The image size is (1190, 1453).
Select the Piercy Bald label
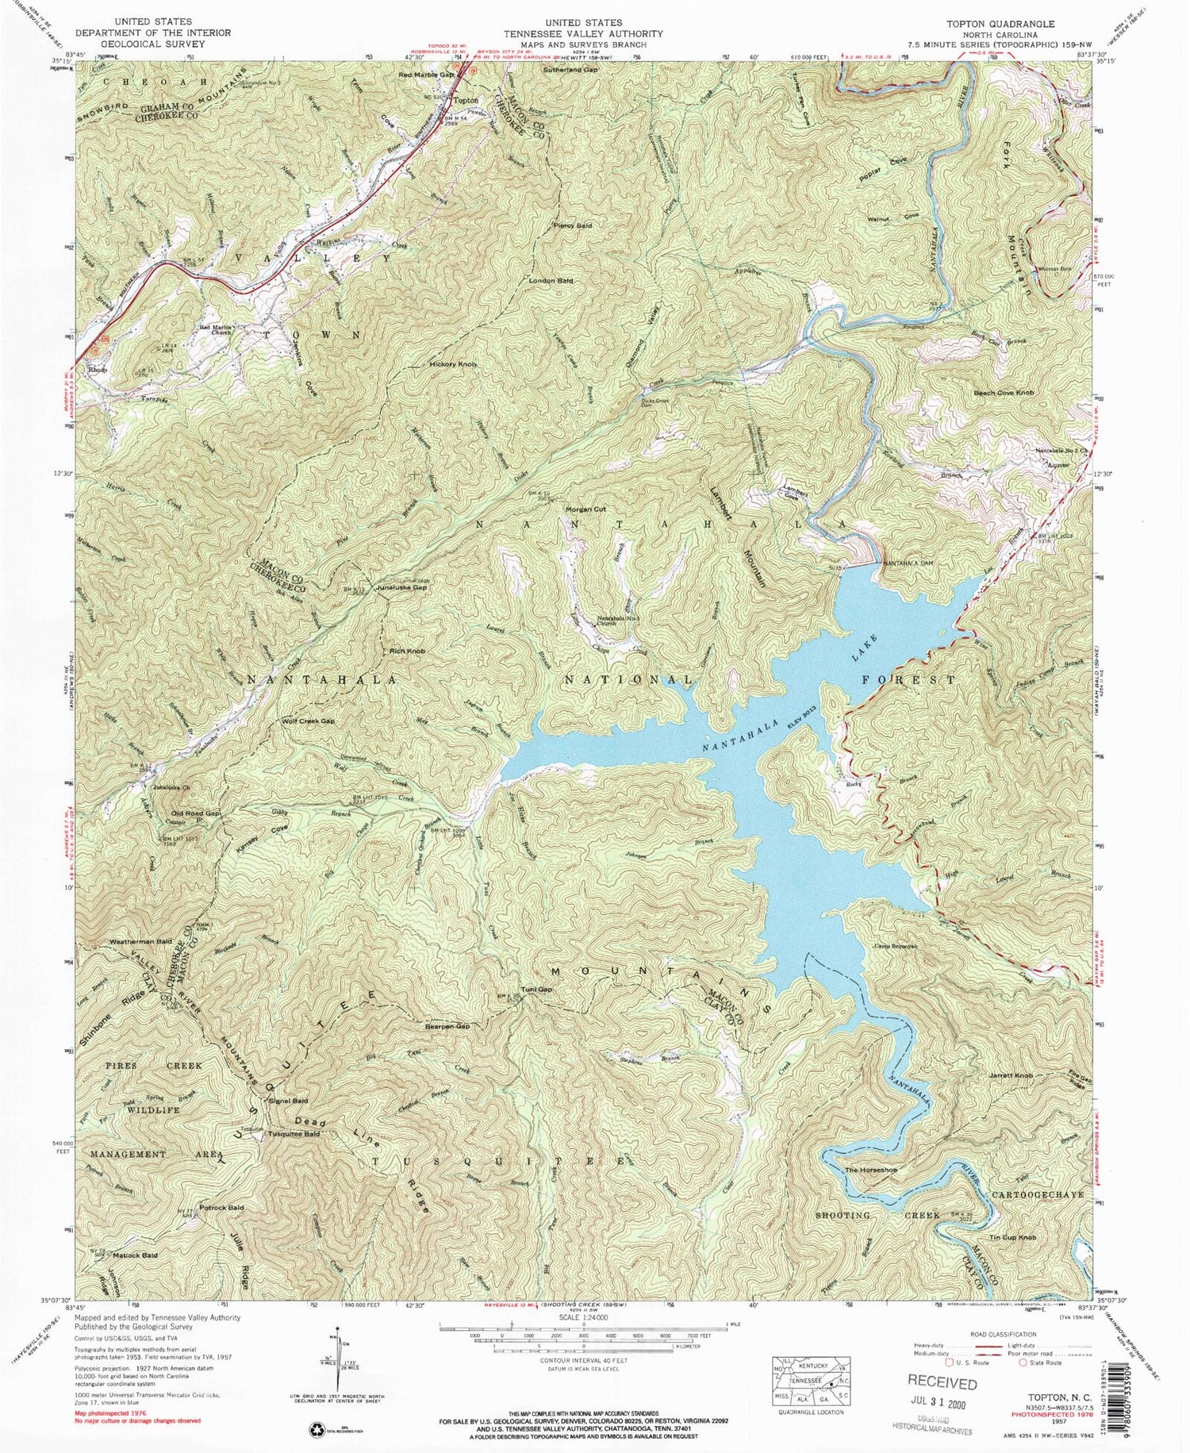(573, 226)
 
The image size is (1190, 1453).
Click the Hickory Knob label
(453, 364)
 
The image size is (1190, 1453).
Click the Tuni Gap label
(536, 990)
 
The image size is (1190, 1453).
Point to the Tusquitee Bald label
(294, 1134)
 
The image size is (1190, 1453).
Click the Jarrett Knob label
(1011, 1075)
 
